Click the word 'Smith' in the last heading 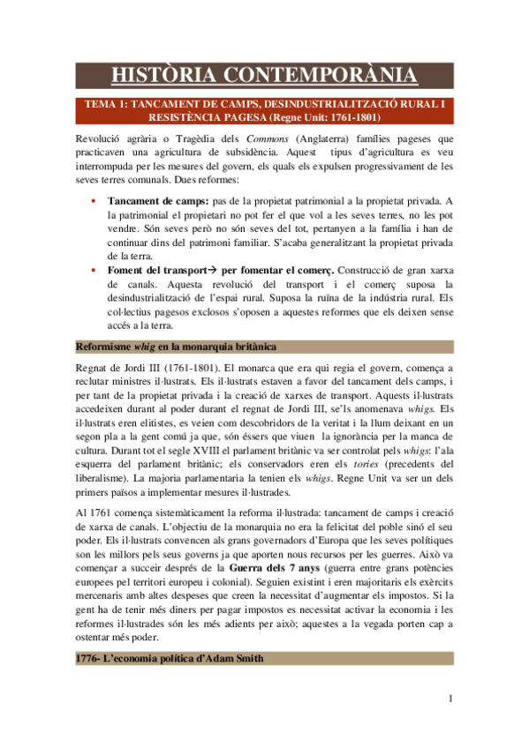tap(240, 683)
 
